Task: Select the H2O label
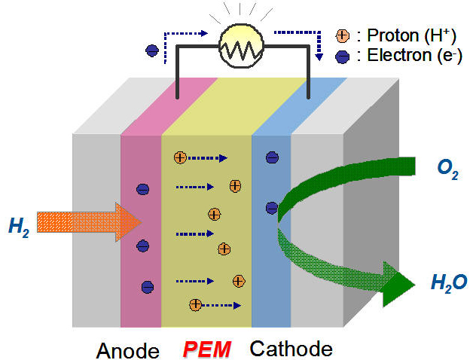[449, 283]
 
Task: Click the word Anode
[128, 350]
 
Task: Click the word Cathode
[291, 349]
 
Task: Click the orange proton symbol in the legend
[342, 35]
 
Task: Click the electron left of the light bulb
[151, 50]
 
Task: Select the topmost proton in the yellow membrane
[179, 158]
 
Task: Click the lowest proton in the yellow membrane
[195, 304]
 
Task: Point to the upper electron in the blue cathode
[272, 157]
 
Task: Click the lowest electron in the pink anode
[147, 286]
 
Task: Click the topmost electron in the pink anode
[142, 190]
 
